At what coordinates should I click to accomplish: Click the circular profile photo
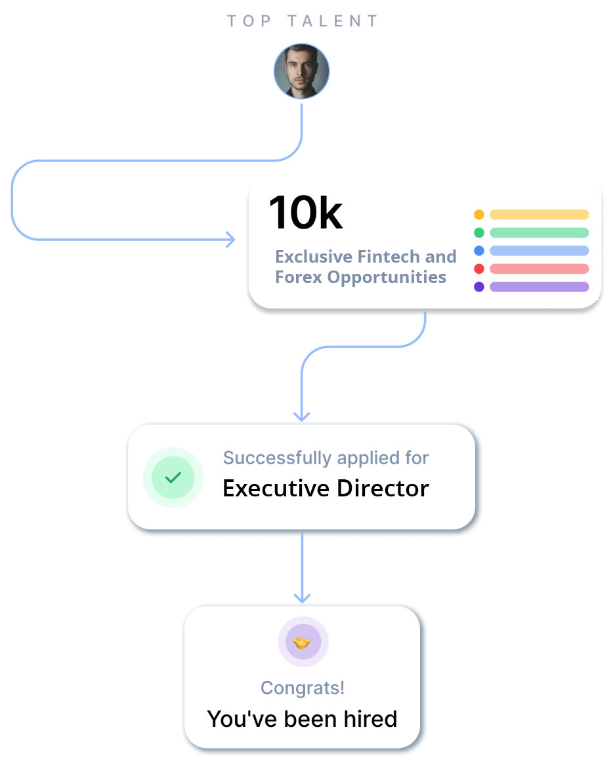[301, 72]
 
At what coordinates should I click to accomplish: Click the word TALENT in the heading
[333, 21]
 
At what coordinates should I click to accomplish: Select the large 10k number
[305, 213]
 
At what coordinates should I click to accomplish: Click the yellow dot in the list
[479, 215]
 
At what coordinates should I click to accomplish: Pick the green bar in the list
[539, 232]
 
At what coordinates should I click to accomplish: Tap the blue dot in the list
[479, 251]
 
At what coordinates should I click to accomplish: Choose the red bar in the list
[539, 269]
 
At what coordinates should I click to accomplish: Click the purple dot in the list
[479, 287]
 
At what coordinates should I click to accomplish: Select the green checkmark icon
[173, 477]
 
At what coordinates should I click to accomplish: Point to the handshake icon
[302, 642]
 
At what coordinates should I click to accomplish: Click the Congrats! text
[303, 687]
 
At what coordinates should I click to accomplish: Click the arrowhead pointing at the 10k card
[230, 239]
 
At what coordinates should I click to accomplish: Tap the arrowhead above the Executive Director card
[302, 416]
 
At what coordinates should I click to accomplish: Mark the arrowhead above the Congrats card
[302, 598]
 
